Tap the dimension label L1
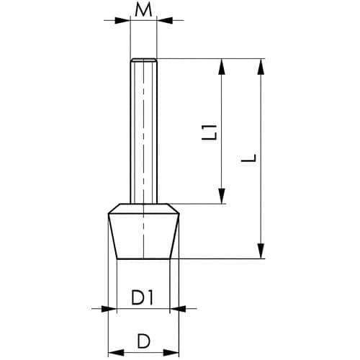click(210, 132)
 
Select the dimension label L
click(249, 158)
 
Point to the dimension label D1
click(142, 297)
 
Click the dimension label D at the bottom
click(143, 341)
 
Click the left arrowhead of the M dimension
click(122, 20)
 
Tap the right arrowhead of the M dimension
click(165, 20)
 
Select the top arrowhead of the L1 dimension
click(222, 66)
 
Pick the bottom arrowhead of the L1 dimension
click(222, 196)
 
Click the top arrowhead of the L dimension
click(261, 66)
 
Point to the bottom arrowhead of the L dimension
click(261, 251)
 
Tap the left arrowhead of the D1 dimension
click(109, 309)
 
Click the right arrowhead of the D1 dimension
click(178, 309)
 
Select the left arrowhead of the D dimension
click(116, 353)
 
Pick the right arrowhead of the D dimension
click(171, 353)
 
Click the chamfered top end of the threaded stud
click(143, 60)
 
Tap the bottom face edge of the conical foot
click(143, 258)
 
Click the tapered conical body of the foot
click(143, 236)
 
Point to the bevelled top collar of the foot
click(143, 208)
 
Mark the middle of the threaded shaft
click(143, 132)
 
